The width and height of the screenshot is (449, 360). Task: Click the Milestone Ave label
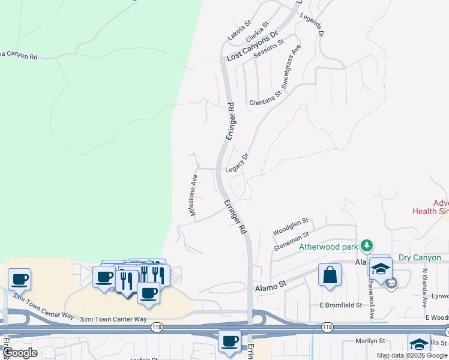click(193, 196)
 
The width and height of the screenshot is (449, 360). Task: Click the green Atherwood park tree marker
click(366, 245)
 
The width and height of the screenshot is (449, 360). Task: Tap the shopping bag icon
click(330, 276)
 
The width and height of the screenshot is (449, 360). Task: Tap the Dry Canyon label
click(419, 258)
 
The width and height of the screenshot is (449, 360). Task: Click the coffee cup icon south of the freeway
click(229, 341)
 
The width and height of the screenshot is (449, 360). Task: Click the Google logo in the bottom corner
click(20, 353)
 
